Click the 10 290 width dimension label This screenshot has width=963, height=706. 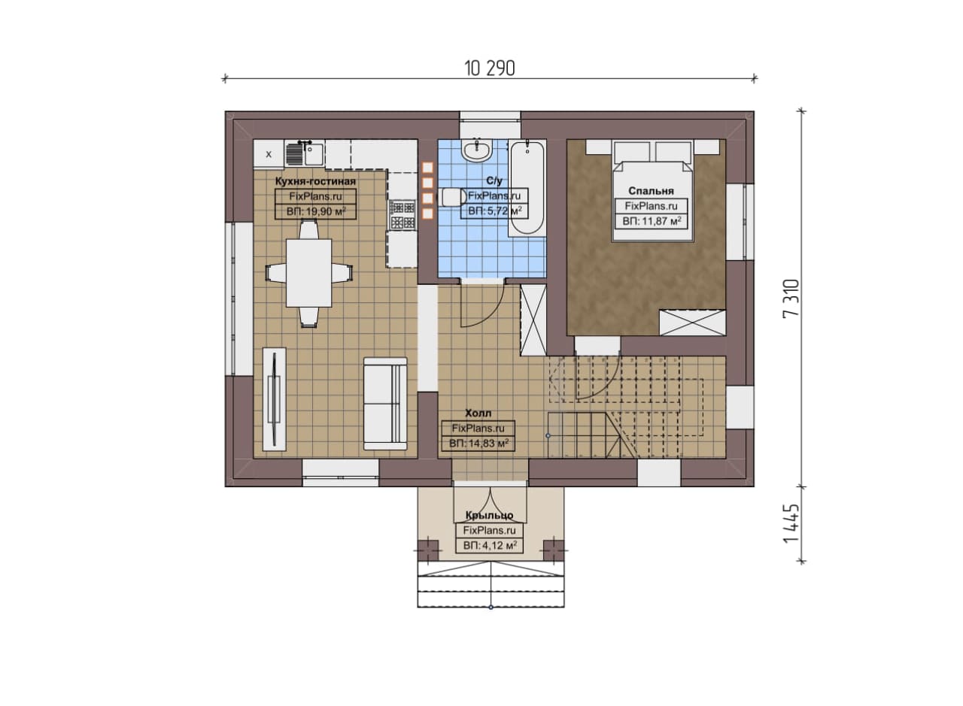coord(490,68)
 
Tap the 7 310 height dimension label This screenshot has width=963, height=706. coord(791,298)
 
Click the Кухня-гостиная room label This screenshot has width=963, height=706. coord(315,181)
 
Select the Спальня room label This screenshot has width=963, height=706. coord(651,191)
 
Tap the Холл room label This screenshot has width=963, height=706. coord(478,414)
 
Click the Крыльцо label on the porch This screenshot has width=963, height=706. coord(489,515)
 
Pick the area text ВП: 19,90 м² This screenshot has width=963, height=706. coord(316,211)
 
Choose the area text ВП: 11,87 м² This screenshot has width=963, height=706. coord(652,221)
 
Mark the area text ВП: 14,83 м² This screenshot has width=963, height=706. coord(478,444)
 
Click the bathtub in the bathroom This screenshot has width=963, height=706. coord(527,188)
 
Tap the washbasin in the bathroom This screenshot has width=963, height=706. coord(477,151)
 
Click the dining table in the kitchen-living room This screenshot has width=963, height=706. coord(308,273)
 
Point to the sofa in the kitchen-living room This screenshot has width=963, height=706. coord(385,404)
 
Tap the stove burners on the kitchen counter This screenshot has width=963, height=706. coord(403,215)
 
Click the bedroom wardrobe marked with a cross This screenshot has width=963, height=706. coord(692,323)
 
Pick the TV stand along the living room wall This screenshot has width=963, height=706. coord(275,399)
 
